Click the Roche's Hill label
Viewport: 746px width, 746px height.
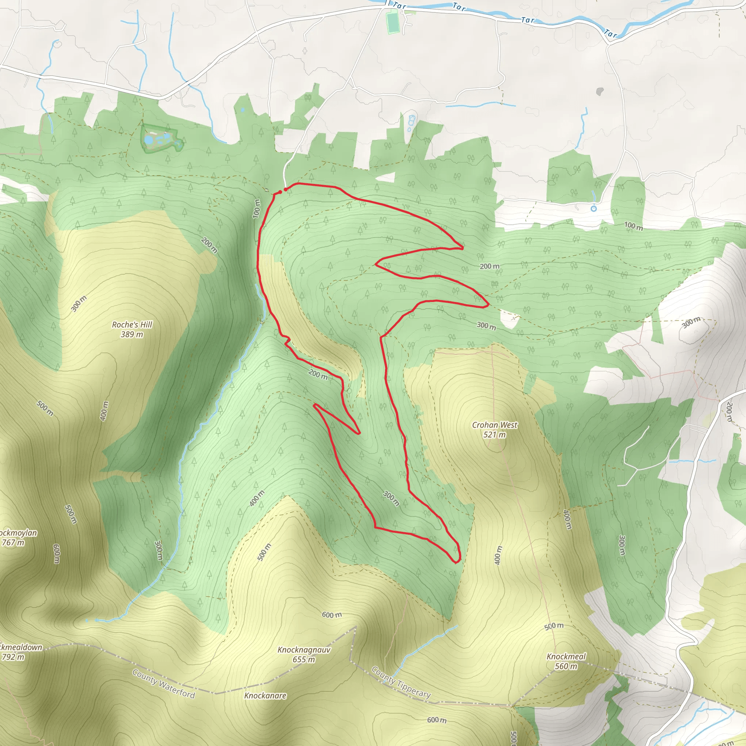[x=132, y=325]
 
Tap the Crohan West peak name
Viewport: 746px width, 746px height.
[x=495, y=425]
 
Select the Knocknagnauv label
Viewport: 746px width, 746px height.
[x=304, y=650]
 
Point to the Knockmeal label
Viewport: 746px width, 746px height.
[x=566, y=656]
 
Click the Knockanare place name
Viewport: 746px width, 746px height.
[x=265, y=695]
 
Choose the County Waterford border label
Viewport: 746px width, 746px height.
[x=163, y=684]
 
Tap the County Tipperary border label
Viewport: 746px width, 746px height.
[x=401, y=682]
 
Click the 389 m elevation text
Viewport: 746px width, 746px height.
[x=132, y=334]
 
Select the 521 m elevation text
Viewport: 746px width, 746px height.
[x=495, y=435]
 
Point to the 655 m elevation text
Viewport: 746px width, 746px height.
[x=304, y=660]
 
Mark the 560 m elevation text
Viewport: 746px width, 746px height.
[x=566, y=666]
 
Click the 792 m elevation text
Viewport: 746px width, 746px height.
[x=13, y=657]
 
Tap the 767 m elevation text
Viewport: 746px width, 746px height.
[x=13, y=542]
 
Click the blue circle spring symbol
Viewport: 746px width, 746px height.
[x=594, y=208]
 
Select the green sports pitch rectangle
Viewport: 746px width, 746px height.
[x=393, y=22]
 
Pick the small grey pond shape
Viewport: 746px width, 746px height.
[x=600, y=91]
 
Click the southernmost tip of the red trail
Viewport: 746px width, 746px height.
[x=456, y=562]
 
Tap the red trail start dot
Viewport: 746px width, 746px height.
[x=285, y=189]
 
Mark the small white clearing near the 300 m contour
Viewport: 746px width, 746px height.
[x=509, y=319]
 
